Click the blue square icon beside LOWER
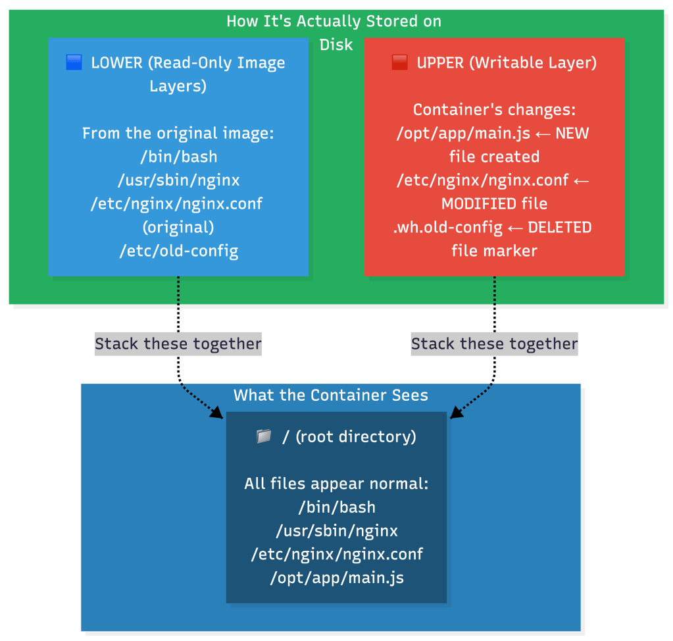tap(74, 63)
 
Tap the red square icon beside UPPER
tap(399, 63)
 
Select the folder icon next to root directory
tap(264, 436)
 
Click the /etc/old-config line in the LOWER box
tap(178, 251)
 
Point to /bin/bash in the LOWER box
tap(178, 157)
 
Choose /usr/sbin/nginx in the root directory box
tap(336, 530)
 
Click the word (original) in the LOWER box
tap(178, 227)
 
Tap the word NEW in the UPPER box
tap(572, 134)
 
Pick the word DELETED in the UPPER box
tap(559, 227)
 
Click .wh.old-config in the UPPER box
tap(448, 227)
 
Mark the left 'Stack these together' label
tap(178, 344)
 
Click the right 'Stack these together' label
tap(494, 344)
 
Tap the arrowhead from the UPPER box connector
tap(455, 413)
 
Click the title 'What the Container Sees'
tap(331, 395)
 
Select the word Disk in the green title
tap(336, 45)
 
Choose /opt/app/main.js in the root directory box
tap(336, 578)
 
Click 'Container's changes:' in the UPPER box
tap(494, 110)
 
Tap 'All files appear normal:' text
tap(336, 484)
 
